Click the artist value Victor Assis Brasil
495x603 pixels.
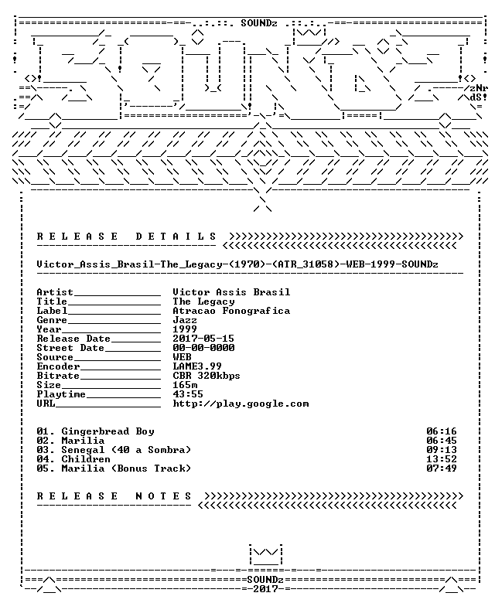click(231, 292)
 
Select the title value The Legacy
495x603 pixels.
click(203, 301)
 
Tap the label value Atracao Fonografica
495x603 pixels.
click(231, 311)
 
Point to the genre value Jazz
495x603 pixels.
click(185, 320)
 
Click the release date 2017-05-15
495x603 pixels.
click(203, 339)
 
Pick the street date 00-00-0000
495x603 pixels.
click(203, 348)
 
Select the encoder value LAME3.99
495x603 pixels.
click(197, 366)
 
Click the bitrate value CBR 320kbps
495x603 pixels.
click(207, 376)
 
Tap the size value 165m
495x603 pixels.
click(185, 384)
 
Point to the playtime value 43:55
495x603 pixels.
click(188, 393)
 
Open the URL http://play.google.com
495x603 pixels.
click(241, 404)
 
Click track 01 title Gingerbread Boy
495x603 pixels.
click(108, 431)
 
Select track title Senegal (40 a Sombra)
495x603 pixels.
click(126, 450)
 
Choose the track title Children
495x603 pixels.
click(86, 459)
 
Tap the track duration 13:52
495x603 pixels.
click(441, 459)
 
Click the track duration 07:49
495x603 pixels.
click(441, 468)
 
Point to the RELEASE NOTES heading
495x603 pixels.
click(114, 496)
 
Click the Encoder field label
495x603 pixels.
click(58, 366)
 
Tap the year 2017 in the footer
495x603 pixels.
click(265, 589)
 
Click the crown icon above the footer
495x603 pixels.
click(266, 554)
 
